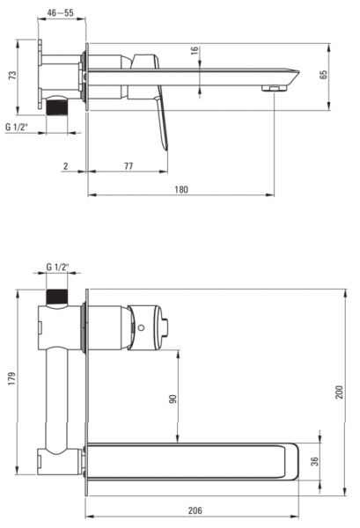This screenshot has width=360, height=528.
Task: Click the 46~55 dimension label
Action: pyautogui.click(x=60, y=13)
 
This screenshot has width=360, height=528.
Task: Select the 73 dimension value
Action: pyautogui.click(x=12, y=75)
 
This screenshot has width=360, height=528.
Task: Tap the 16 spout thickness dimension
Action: pyautogui.click(x=195, y=51)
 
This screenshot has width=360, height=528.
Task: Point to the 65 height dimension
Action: pyautogui.click(x=323, y=75)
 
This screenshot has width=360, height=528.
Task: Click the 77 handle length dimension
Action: pyautogui.click(x=129, y=166)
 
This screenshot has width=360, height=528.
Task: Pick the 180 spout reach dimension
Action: pyautogui.click(x=181, y=189)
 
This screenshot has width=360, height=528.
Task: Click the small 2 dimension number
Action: pyautogui.click(x=66, y=166)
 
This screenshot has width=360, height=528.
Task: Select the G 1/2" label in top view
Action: pyautogui.click(x=17, y=127)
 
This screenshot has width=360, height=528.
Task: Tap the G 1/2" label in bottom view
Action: pyautogui.click(x=57, y=267)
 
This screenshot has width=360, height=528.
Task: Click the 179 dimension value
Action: pyautogui.click(x=12, y=378)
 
